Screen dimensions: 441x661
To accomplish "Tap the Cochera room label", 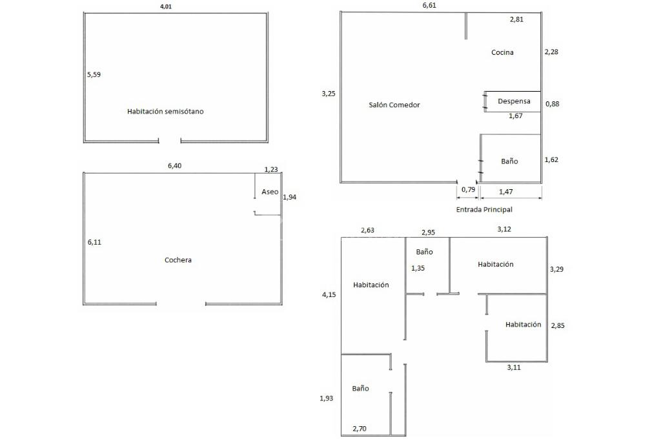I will [x=178, y=260].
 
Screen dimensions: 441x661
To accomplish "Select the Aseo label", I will [x=270, y=192].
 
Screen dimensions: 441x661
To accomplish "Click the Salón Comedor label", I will [x=394, y=105].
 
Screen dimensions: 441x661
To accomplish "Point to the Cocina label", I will [x=502, y=53].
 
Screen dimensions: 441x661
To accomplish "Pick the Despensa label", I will [x=514, y=101].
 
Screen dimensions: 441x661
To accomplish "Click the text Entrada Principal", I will [x=489, y=210].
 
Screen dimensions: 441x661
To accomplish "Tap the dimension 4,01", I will [x=166, y=6].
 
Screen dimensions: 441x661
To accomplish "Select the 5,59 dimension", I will [x=94, y=74].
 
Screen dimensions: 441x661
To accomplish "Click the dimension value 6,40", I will [x=174, y=166].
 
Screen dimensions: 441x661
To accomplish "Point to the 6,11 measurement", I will [x=94, y=242].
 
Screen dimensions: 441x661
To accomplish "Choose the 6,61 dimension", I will [x=429, y=6].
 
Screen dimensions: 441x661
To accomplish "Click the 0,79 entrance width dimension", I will [x=468, y=190].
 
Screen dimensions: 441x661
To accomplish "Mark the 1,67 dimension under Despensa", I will [x=515, y=116].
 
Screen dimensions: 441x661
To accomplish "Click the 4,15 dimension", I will [x=329, y=295].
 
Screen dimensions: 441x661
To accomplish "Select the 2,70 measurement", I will [x=360, y=428].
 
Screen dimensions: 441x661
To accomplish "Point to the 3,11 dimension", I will [x=514, y=367].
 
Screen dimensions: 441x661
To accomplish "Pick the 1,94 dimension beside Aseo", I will [x=289, y=198].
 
